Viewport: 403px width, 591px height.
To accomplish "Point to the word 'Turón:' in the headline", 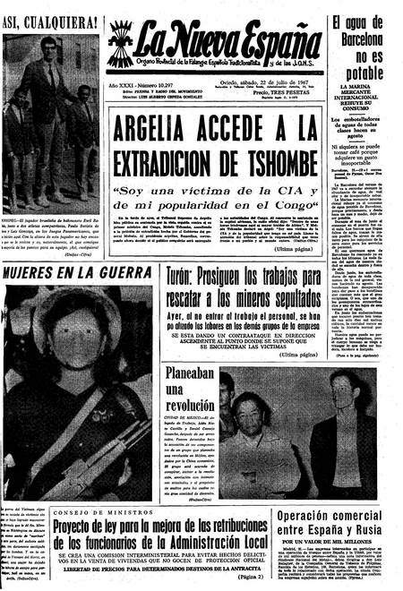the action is (186, 273).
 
